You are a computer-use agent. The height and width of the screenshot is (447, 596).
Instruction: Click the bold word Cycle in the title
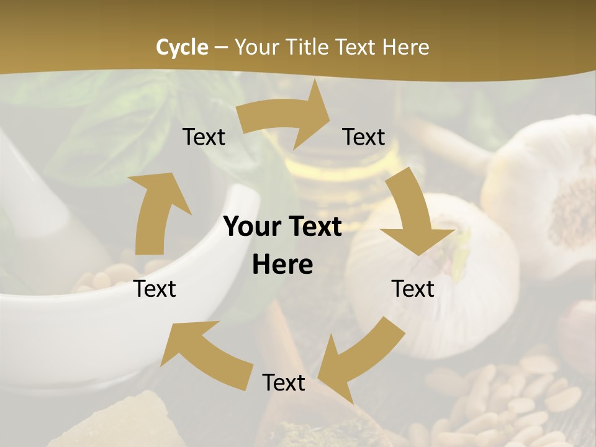pyautogui.click(x=182, y=47)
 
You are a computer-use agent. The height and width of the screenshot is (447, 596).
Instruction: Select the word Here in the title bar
pyautogui.click(x=406, y=47)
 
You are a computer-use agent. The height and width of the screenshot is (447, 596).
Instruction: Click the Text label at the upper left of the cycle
pyautogui.click(x=204, y=137)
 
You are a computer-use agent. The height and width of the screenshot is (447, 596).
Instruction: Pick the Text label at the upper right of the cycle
pyautogui.click(x=364, y=137)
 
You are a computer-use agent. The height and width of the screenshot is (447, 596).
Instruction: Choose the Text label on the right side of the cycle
pyautogui.click(x=413, y=289)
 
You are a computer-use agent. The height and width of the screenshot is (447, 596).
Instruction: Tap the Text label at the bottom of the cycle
pyautogui.click(x=284, y=382)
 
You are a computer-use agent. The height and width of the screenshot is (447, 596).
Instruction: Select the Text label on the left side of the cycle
pyautogui.click(x=155, y=289)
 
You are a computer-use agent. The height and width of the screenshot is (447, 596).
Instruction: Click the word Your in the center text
pyautogui.click(x=247, y=227)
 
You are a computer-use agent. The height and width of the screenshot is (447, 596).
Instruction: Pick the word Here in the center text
pyautogui.click(x=282, y=265)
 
